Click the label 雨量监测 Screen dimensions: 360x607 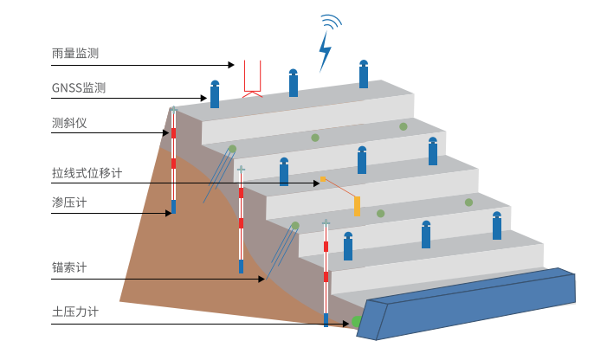pos(75,53)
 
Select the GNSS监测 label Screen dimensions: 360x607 pos(79,88)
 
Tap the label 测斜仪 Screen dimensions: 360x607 pos(69,123)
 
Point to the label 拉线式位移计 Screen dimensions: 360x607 pos(87,173)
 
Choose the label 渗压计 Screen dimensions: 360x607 pos(69,202)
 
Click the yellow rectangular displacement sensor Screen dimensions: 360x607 pos(357,206)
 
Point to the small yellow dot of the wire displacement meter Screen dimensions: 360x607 pos(323,179)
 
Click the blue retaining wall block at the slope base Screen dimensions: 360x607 pos(468,303)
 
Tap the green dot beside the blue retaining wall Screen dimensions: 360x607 pos(356,322)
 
